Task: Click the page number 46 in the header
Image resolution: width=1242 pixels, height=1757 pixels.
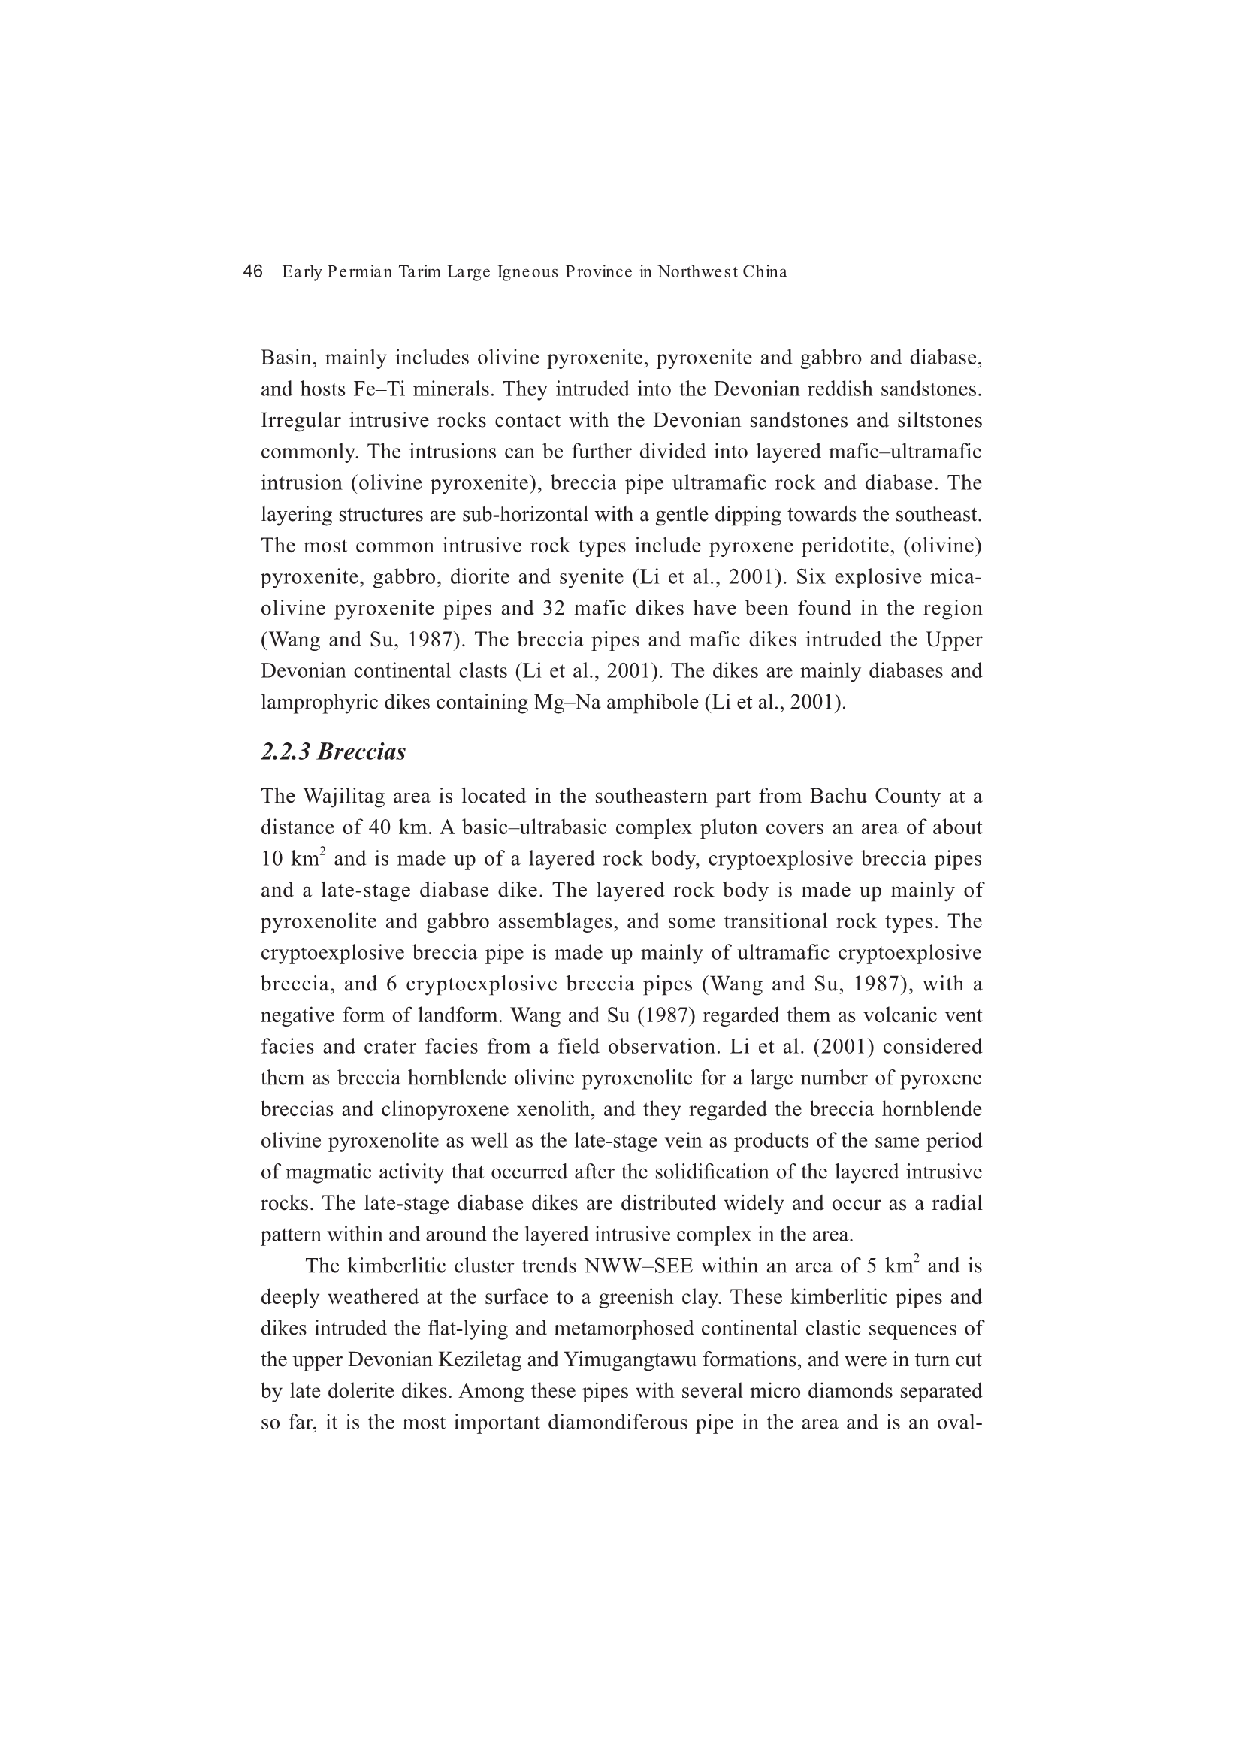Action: [252, 271]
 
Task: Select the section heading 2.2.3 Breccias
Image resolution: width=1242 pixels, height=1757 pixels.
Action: [333, 752]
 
